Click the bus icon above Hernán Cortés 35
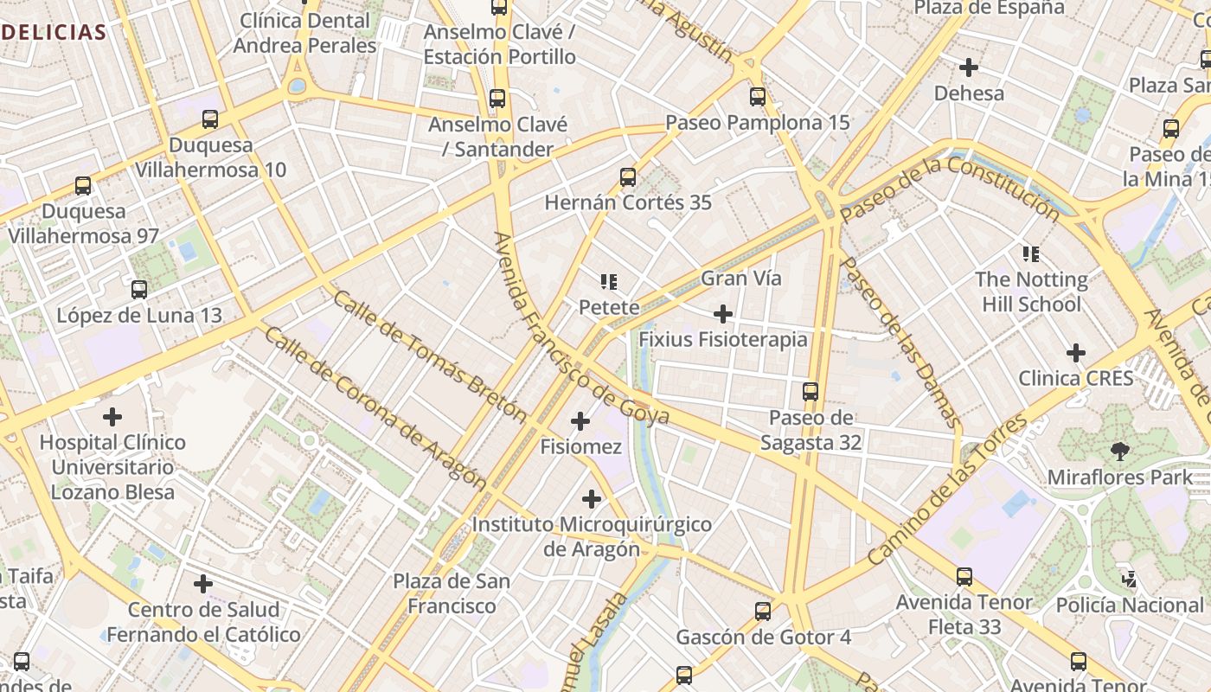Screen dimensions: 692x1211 [x=628, y=177]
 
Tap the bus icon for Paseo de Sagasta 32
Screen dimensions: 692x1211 [x=811, y=392]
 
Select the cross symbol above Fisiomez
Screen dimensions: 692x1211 [x=580, y=422]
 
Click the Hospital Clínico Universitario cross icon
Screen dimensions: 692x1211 [x=112, y=417]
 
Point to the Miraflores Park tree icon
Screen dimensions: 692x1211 [x=1119, y=451]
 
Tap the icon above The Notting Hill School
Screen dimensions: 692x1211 [x=1030, y=254]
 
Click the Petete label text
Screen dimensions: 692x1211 [x=609, y=307]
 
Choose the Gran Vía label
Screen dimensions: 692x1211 [x=741, y=279]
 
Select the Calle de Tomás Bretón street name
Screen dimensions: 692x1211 [x=429, y=356]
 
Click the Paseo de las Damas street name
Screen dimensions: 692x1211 [x=900, y=343]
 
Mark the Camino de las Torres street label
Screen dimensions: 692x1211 [x=947, y=490]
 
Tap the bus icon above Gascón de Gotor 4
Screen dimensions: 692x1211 [x=763, y=612]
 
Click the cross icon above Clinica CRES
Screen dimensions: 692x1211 [x=1076, y=353]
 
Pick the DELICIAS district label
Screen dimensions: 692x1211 [x=54, y=33]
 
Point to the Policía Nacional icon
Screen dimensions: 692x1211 [x=1129, y=579]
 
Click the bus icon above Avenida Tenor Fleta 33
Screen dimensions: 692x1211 [x=964, y=576]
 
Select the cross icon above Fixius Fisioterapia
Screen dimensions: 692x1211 [x=723, y=313]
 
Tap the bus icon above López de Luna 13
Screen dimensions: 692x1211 [x=139, y=290]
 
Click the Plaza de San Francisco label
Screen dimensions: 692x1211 [x=452, y=593]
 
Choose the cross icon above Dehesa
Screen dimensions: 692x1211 [x=969, y=67]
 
